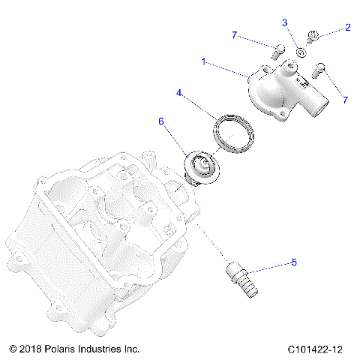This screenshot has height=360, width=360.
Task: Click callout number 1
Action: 203,63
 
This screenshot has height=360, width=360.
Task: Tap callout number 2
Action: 348,28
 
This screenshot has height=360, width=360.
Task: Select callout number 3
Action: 285,23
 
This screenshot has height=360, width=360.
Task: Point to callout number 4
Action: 179,94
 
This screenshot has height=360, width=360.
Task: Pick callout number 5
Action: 294,262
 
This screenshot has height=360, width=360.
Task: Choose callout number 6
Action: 160,120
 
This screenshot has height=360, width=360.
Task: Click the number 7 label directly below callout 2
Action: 345,100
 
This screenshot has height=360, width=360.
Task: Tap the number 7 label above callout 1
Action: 234,35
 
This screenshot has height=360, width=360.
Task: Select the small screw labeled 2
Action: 316,34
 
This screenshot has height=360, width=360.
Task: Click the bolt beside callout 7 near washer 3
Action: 277,51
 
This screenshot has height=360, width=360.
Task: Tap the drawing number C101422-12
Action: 315,349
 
